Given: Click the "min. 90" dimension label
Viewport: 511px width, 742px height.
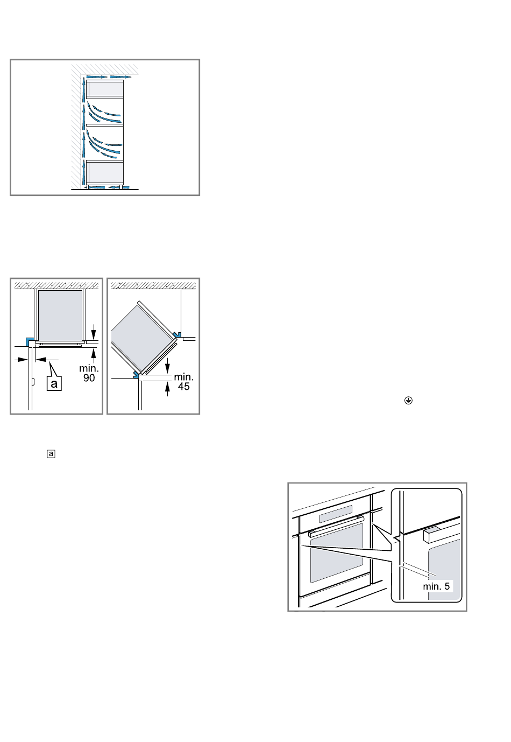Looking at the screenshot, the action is [x=89, y=373].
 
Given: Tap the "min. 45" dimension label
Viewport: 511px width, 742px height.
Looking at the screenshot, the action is [x=183, y=382].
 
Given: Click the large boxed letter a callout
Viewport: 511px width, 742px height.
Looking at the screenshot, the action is [x=54, y=383].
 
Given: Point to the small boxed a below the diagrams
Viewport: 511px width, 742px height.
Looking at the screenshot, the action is [x=51, y=454].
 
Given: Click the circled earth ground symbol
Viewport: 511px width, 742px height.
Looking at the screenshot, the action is [x=408, y=401].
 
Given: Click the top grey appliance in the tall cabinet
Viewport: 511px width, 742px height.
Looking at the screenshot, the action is [x=105, y=88].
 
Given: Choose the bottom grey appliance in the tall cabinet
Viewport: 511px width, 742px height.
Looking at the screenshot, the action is [x=105, y=172].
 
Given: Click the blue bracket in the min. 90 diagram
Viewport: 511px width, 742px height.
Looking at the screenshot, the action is [x=30, y=341].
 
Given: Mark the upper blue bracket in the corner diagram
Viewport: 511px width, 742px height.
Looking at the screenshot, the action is [x=176, y=334].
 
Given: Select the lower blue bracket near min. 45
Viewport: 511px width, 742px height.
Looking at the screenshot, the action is [x=137, y=374].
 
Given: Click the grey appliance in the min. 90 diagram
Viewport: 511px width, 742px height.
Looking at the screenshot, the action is [x=60, y=315].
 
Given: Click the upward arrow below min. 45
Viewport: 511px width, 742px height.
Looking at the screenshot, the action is [x=167, y=389].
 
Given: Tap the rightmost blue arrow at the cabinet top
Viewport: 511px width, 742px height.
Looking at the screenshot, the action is [x=121, y=77].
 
